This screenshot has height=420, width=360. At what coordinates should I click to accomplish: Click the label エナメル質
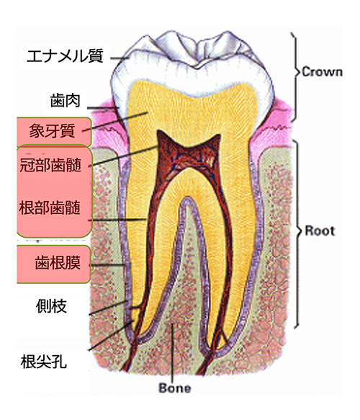65,56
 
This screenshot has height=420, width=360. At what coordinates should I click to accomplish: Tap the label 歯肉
65,101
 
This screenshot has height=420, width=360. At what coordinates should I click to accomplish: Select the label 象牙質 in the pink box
52,130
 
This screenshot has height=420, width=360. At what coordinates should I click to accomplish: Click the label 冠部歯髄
50,164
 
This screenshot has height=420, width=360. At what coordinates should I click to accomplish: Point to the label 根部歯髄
50,207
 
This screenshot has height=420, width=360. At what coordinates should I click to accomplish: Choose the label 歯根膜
58,262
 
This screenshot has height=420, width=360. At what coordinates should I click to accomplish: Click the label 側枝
51,306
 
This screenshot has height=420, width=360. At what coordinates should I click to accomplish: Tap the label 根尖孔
44,362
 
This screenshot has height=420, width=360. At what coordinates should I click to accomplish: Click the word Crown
323,72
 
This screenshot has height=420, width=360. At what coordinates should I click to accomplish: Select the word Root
320,231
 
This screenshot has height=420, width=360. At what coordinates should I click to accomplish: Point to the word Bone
175,388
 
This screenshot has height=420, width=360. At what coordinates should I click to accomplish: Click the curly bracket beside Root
298,233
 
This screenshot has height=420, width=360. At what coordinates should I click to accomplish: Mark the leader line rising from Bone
173,353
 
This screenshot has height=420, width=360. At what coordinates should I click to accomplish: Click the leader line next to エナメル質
120,58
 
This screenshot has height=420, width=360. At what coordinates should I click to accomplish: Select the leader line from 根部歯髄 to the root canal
117,220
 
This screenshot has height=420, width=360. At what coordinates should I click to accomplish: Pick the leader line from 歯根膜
107,265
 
